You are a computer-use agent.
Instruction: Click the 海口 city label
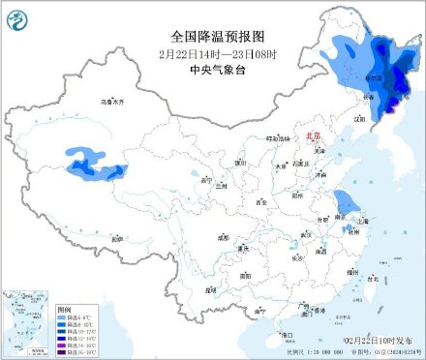(287, 334)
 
